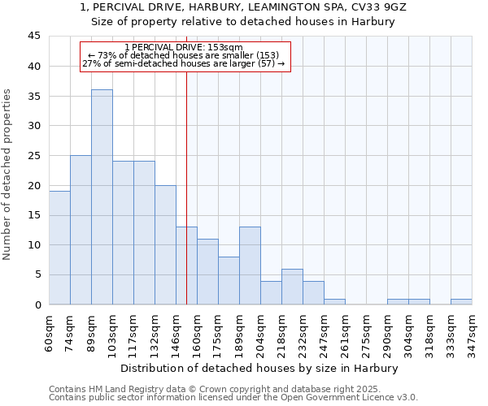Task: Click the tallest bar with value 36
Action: point(102,197)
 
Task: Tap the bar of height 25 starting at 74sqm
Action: point(81,230)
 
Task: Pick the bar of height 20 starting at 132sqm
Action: point(165,244)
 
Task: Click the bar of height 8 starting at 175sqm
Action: point(229,280)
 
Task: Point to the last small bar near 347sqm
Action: point(461,301)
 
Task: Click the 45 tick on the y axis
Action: point(34,37)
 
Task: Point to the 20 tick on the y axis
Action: point(34,185)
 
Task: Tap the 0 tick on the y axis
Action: point(37,304)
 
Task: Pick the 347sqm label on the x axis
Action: point(473,331)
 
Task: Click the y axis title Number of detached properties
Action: point(9,175)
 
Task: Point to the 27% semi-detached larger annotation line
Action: point(184,63)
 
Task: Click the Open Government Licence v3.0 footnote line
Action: point(233,397)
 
